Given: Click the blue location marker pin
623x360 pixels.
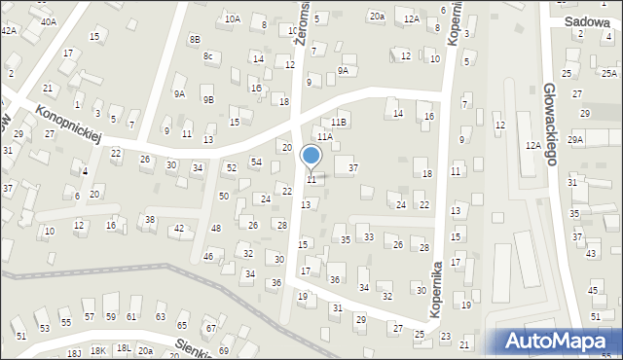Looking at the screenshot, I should click(x=311, y=157).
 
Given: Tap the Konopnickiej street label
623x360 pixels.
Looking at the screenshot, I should click(x=69, y=123).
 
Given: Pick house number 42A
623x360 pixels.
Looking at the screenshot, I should click(x=9, y=31).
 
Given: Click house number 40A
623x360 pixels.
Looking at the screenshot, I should click(x=48, y=20).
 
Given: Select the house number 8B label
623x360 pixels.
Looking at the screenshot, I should click(x=195, y=39).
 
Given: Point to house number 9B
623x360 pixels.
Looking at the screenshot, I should click(x=207, y=99).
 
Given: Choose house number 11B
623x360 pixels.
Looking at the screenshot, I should click(x=338, y=122).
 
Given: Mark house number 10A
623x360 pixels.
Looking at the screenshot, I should click(x=232, y=18).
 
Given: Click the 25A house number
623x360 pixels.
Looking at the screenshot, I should click(x=608, y=73).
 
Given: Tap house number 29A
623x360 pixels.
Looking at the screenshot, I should click(x=575, y=140).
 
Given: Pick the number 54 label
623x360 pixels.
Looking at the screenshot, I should click(x=256, y=162).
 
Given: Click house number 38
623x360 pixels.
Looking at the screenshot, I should click(x=150, y=220).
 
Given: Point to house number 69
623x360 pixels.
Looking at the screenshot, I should click(x=223, y=350).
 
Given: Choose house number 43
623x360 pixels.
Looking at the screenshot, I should click(x=591, y=253).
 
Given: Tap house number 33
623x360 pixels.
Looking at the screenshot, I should click(x=368, y=236).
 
